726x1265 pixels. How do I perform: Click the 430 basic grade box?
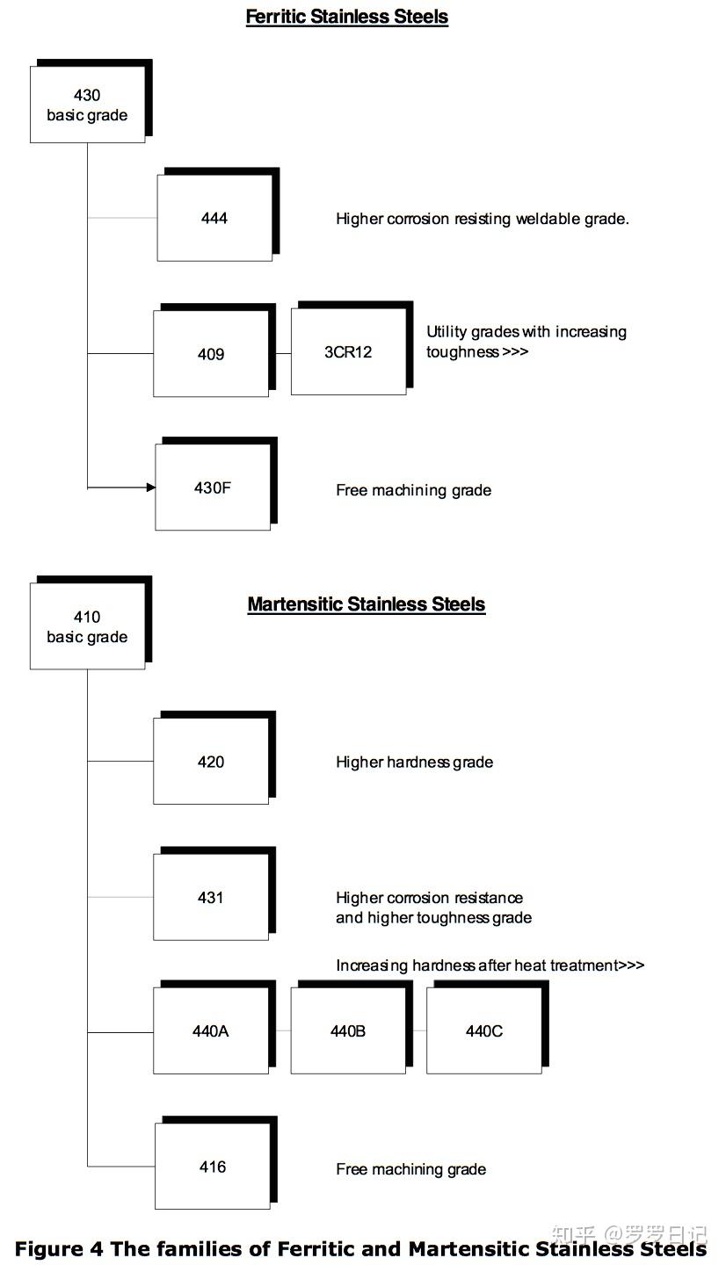(87, 105)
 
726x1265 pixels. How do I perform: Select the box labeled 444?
(214, 218)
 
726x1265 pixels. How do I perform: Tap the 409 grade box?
(211, 354)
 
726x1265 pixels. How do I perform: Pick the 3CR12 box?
(348, 352)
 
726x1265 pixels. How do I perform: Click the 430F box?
(213, 488)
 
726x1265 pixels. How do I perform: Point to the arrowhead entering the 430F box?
(150, 487)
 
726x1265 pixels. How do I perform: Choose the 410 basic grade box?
(87, 626)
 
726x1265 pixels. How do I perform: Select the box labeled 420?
(211, 762)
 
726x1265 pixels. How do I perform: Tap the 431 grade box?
(211, 897)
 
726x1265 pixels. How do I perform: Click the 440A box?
(211, 1031)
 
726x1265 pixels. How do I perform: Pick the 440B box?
(348, 1031)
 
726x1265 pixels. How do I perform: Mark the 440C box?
(484, 1031)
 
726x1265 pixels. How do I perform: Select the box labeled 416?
(213, 1167)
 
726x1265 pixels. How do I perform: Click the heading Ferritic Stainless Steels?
(347, 17)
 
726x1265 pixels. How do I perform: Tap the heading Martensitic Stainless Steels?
(367, 604)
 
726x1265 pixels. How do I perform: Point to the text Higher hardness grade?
(414, 763)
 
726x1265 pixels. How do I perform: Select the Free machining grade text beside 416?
(410, 1169)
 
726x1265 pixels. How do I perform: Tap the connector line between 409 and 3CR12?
(280, 354)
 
